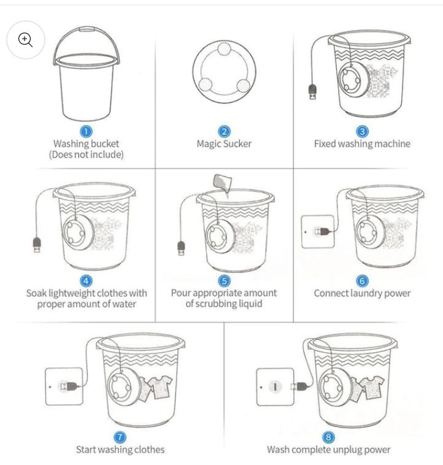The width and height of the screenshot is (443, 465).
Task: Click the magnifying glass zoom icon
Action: click(25, 40)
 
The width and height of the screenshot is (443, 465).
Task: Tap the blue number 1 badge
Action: click(86, 131)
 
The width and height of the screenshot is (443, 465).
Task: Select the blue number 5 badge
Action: click(224, 281)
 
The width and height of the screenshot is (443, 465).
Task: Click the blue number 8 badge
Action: click(328, 437)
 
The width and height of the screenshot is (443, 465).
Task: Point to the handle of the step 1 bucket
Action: click(87, 29)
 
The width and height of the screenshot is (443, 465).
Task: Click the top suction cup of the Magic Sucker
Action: click(224, 49)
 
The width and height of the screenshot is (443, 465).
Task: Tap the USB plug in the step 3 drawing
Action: click(312, 91)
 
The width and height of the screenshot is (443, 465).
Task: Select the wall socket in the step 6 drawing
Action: click(318, 232)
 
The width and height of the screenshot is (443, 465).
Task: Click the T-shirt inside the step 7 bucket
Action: click(160, 386)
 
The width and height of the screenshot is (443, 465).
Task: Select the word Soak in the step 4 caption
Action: click(36, 293)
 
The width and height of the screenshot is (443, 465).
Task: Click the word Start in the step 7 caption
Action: click(86, 450)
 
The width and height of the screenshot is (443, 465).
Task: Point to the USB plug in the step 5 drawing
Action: click(181, 248)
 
